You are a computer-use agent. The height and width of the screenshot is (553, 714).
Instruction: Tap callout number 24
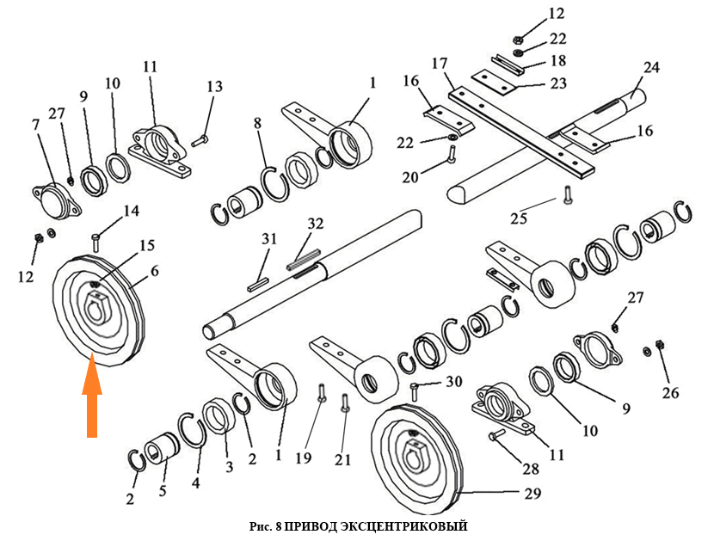[x=651, y=66]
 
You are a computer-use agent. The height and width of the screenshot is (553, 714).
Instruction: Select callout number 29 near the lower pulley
[x=532, y=494]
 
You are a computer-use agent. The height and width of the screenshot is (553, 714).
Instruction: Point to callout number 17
[x=440, y=64]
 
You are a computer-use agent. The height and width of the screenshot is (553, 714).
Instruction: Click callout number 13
[x=214, y=86]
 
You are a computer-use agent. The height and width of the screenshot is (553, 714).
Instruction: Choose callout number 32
[x=315, y=224]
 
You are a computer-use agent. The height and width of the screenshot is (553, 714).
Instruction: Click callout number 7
[x=35, y=126]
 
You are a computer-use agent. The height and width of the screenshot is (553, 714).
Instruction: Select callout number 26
[x=669, y=393]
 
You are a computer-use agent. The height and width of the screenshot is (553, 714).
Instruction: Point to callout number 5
[x=164, y=493]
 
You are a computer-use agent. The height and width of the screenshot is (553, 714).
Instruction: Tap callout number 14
[x=131, y=211]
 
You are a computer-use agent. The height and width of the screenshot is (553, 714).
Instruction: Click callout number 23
[x=557, y=83]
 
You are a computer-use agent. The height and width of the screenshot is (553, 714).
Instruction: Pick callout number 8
[x=256, y=125]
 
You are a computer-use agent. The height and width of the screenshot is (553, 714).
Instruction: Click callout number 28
[x=531, y=469]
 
